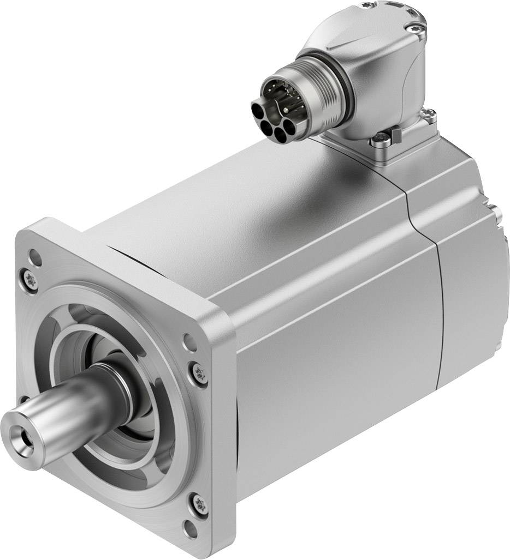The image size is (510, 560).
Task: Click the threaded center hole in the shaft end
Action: tap(25, 437)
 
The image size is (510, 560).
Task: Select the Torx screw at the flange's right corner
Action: tap(199, 372)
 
